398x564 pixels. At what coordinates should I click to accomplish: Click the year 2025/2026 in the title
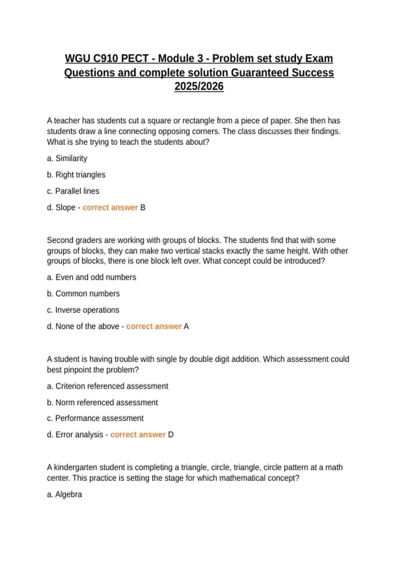(199, 86)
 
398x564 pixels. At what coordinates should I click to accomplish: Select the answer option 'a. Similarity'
(67, 158)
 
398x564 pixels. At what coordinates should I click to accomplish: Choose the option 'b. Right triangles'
(76, 175)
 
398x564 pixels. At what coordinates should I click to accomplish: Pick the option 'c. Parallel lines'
(73, 191)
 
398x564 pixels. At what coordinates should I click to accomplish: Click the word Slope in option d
(65, 207)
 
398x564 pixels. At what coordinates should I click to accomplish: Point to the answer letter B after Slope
(143, 207)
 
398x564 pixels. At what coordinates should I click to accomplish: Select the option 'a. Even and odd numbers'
(92, 277)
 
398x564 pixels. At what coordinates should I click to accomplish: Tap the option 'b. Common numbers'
(83, 294)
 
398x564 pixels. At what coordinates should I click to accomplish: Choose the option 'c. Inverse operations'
(83, 310)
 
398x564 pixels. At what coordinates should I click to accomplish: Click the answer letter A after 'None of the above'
(186, 326)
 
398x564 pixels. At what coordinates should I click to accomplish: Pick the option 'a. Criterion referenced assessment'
(107, 386)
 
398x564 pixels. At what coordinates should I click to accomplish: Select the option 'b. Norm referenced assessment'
(102, 402)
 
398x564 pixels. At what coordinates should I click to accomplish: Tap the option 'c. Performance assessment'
(95, 418)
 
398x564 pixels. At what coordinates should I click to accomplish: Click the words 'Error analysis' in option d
(79, 435)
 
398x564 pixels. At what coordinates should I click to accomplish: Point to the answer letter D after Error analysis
(171, 435)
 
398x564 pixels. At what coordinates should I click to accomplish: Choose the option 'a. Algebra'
(64, 494)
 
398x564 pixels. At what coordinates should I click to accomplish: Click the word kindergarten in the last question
(76, 467)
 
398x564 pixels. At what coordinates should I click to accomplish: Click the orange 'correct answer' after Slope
(110, 207)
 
